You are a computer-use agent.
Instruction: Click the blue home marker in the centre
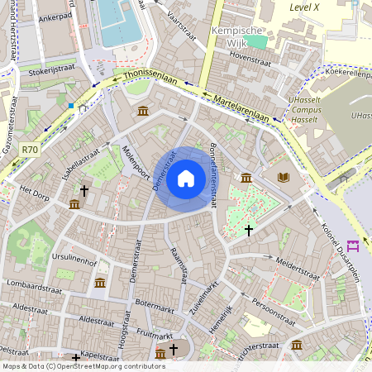[186, 178]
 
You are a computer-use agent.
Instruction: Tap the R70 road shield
[31, 150]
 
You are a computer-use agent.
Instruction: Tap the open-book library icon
[284, 177]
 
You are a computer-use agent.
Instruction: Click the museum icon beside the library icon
[246, 178]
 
